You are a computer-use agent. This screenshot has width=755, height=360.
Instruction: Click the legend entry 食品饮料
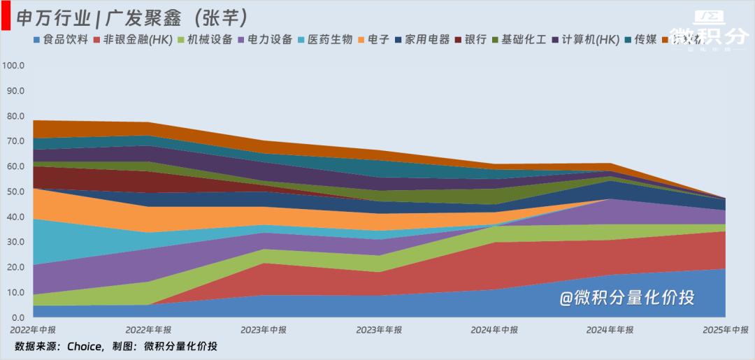tap(61, 40)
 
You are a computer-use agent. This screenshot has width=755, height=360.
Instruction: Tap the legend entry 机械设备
tap(206, 40)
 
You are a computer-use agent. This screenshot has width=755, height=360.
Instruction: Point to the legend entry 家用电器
tap(422, 40)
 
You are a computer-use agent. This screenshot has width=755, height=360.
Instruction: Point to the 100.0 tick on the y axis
tap(13, 66)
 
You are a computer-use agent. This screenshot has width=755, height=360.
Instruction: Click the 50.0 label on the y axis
tap(13, 192)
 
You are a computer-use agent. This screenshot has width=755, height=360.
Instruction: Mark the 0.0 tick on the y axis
tap(16, 318)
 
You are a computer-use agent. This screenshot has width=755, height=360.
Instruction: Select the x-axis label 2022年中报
tap(33, 329)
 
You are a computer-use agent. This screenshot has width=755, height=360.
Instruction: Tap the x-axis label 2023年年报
tap(379, 329)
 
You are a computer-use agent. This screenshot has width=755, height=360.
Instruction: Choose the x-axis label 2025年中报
tap(725, 329)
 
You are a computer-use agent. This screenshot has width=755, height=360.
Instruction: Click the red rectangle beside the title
tap(5, 16)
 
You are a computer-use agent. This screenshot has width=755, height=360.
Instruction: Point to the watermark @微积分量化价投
tap(626, 298)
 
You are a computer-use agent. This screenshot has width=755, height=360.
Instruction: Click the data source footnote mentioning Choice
tap(116, 346)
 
